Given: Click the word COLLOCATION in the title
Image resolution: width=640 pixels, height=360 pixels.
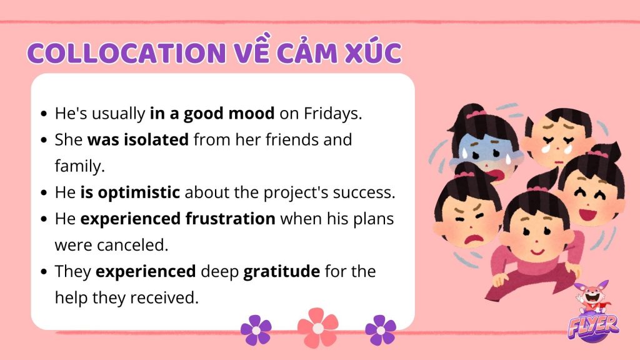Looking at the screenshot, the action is (x=126, y=52).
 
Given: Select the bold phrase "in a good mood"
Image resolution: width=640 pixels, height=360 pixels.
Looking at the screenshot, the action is (x=212, y=114).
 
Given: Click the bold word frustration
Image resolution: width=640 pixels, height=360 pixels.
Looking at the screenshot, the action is (x=231, y=219).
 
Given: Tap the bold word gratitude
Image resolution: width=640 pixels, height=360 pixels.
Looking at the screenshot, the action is (x=282, y=271).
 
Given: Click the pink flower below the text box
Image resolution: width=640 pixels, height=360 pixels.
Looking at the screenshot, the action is (x=318, y=327).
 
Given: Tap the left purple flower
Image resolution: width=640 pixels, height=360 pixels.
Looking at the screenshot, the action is (x=256, y=330).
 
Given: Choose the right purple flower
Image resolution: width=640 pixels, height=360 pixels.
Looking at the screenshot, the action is (x=381, y=330).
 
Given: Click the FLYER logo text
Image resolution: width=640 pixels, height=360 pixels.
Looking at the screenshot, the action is (x=594, y=326).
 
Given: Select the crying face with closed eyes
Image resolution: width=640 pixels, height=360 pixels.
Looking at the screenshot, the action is (x=558, y=137).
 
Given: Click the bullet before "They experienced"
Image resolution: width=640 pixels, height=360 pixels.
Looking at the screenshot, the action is (x=44, y=272).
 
